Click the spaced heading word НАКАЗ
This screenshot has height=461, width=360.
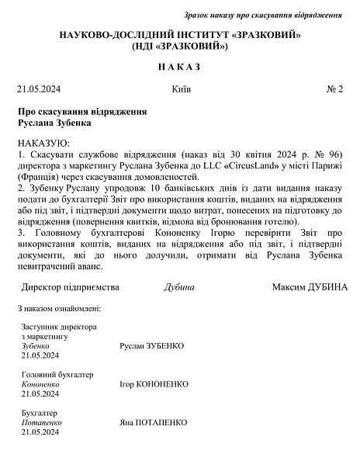179,67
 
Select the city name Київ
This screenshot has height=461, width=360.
179,89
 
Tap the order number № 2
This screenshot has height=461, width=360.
334,89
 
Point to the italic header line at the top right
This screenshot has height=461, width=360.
263,15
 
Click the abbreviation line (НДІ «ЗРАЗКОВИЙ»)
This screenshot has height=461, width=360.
179,47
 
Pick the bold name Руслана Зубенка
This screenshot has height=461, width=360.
54,123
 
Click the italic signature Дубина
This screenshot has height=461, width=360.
179,286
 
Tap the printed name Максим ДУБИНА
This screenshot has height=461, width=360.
310,286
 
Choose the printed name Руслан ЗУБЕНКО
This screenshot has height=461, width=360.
153,345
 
